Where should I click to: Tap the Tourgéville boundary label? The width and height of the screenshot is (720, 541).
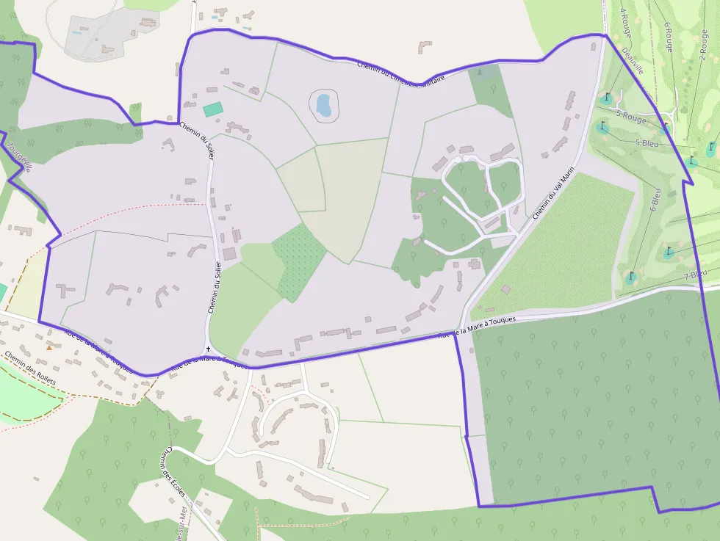click(x=19, y=156)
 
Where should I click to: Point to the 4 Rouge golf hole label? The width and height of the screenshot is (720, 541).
click(x=626, y=22)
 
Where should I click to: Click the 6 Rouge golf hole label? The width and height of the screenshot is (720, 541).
click(x=668, y=36)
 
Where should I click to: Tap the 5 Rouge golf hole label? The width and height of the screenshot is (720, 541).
click(x=631, y=116)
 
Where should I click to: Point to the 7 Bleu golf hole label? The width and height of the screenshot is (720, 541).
click(x=695, y=275)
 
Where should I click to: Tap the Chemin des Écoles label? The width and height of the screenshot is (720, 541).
click(x=173, y=471)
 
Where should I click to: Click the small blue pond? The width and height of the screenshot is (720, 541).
click(x=324, y=105)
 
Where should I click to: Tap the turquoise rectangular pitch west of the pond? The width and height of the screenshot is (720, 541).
click(x=213, y=109)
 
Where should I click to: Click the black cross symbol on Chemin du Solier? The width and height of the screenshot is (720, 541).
click(x=209, y=349)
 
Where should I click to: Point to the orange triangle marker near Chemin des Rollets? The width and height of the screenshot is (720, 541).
click(x=49, y=347)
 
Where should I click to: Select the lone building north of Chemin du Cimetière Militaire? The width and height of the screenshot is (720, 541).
click(x=425, y=47)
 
